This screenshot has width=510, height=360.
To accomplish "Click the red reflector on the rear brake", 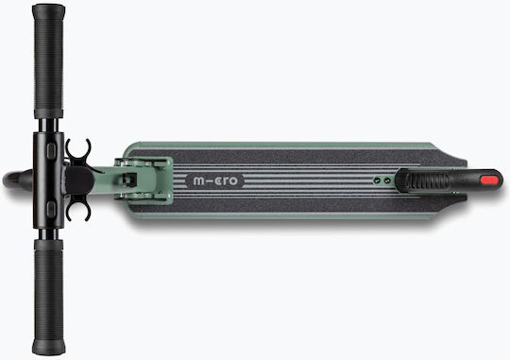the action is pos(489,180).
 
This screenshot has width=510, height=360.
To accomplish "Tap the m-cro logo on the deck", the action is pos(215,181).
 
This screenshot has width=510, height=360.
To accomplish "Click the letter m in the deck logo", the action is pos(198,181).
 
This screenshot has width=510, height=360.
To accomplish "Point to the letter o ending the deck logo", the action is pos(233,181).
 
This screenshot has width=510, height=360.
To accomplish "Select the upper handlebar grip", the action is pos(48,61).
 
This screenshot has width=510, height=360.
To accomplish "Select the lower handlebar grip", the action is pos(48,298).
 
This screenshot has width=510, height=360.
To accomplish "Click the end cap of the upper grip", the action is pos(48,11).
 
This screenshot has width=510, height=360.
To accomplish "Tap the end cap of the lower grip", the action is pos(48,348).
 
